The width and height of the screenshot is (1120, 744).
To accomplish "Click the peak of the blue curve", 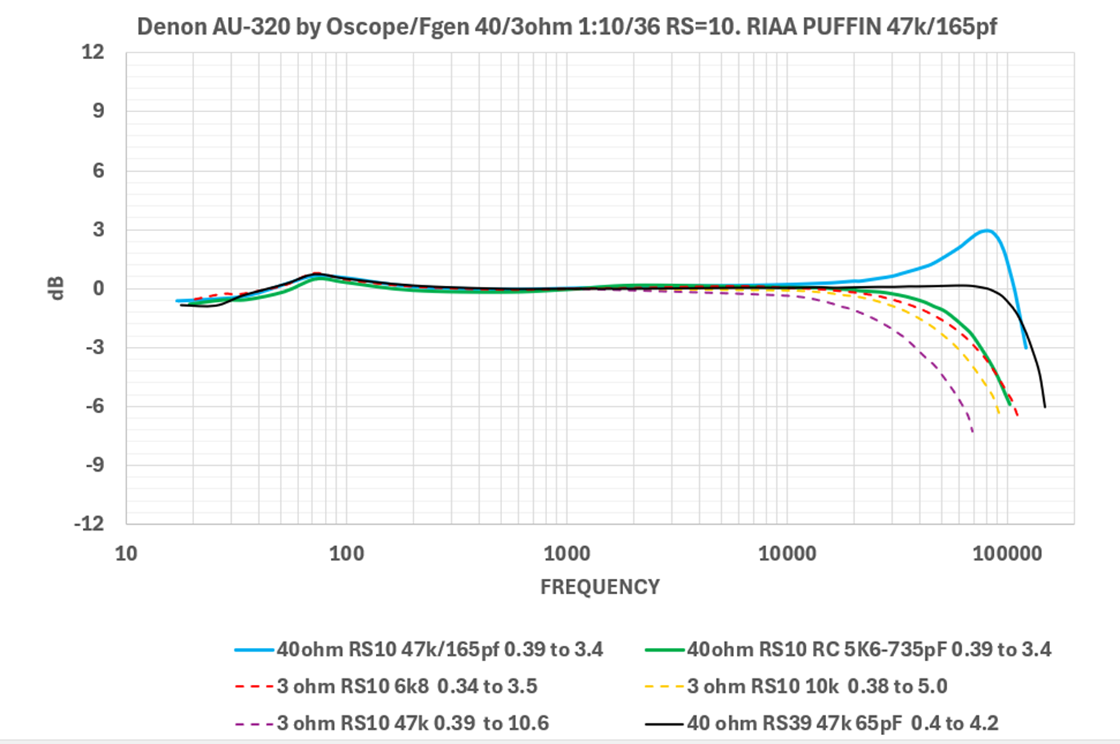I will [x=986, y=230].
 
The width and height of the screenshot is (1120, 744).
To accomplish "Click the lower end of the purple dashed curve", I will [x=972, y=432].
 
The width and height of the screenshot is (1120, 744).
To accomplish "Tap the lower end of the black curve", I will [x=1045, y=407].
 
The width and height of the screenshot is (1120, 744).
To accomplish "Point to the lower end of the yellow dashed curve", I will [x=999, y=413].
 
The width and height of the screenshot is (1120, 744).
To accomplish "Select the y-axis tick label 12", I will [x=94, y=52].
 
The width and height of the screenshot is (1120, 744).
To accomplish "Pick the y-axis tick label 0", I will [x=99, y=289].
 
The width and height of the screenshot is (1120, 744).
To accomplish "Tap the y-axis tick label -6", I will [x=94, y=406].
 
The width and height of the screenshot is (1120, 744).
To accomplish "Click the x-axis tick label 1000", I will [x=567, y=554].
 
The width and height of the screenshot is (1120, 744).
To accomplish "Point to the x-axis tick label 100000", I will [x=1007, y=554].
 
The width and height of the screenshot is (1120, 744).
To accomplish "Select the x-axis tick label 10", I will [x=126, y=554].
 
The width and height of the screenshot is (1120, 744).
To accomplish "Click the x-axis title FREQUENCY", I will [x=599, y=587].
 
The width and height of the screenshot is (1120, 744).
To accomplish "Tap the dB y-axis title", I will [x=57, y=288].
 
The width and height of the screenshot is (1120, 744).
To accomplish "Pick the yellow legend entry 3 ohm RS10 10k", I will [x=817, y=686].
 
